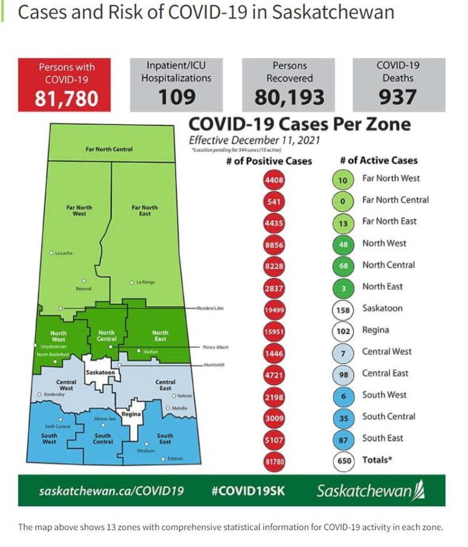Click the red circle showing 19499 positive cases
point(274,310)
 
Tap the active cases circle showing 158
point(343,310)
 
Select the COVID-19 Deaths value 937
point(397,97)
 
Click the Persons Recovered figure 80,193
point(289,97)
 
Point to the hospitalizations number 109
point(176,97)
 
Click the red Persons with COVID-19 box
point(64,84)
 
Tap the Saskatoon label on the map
point(100,372)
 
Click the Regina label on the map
point(131,414)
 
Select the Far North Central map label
point(109,149)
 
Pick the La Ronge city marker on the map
point(132,283)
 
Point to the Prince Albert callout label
point(215,347)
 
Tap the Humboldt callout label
point(214,365)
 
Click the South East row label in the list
point(382,438)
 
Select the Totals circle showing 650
point(343,461)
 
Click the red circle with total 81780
point(274,461)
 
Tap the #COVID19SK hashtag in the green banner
point(248,491)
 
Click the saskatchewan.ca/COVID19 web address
point(111,491)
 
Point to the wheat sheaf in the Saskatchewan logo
point(419,490)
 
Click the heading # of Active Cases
point(379,161)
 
